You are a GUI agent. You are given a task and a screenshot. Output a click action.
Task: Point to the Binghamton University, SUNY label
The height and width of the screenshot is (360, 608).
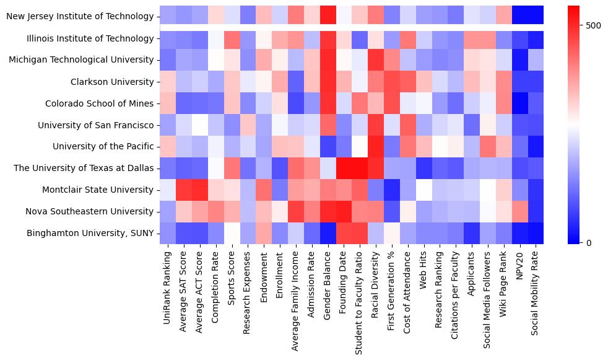pos(90,233)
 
